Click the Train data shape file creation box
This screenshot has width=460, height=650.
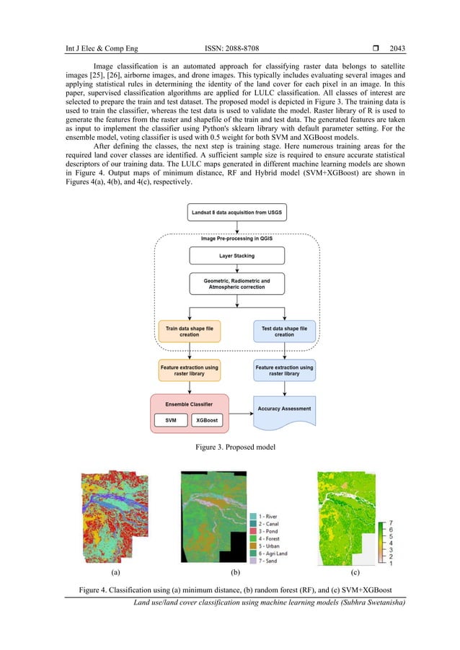(x=189, y=331)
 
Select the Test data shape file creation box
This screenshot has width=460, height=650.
(x=284, y=331)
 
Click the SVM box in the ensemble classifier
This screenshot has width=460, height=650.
(x=171, y=419)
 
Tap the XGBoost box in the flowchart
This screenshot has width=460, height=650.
(x=207, y=419)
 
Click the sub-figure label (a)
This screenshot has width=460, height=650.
(x=115, y=572)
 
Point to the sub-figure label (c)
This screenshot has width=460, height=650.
(x=354, y=572)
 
